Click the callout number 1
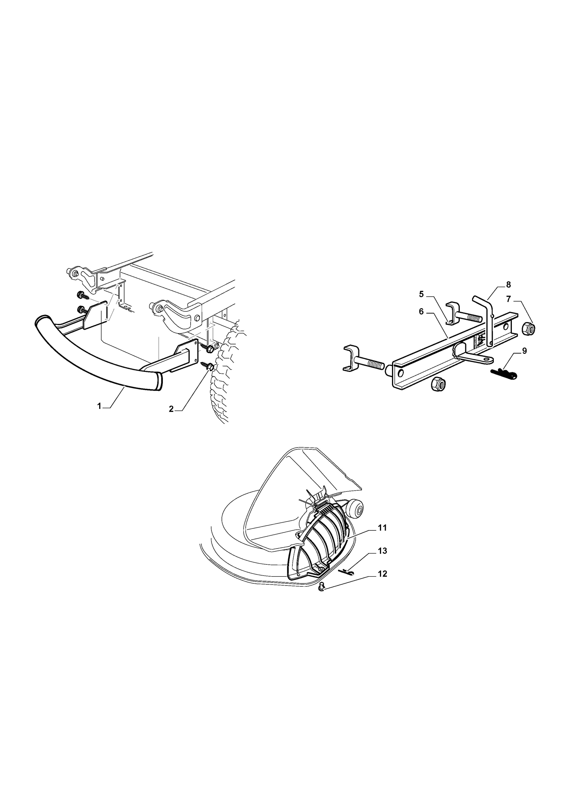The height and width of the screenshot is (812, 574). point(99,406)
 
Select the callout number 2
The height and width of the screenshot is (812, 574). point(171,409)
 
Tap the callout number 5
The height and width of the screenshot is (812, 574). point(421,294)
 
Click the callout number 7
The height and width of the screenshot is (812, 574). point(508,299)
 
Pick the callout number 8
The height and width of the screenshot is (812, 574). point(508,285)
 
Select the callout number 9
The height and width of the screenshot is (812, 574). point(525,351)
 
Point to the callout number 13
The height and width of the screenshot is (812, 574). point(382,551)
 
